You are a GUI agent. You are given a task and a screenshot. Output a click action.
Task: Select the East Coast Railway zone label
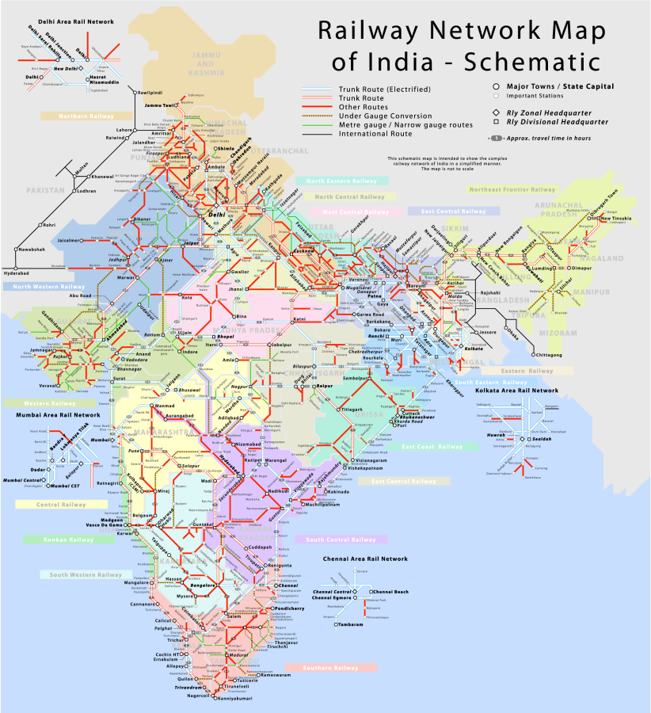[432, 447]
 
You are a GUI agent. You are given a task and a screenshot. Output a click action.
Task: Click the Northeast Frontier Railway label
[512, 189]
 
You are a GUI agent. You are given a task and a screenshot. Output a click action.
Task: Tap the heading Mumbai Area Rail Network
[54, 414]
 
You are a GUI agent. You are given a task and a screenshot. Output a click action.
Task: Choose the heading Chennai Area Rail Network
[366, 559]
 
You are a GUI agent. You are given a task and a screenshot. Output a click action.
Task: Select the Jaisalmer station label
[69, 239]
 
